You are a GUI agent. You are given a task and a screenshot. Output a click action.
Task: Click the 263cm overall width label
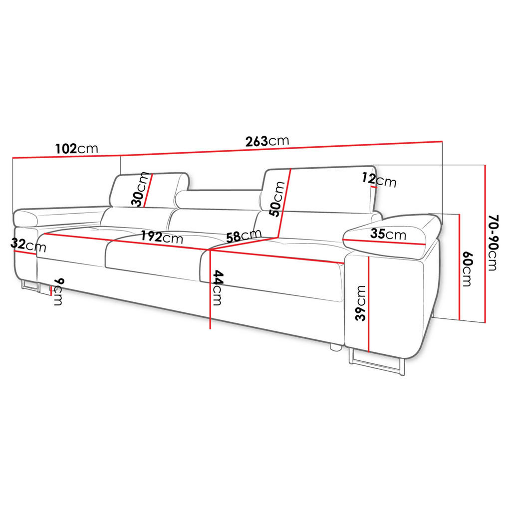[x=267, y=141]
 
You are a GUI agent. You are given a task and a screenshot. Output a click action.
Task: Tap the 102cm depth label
[x=76, y=149]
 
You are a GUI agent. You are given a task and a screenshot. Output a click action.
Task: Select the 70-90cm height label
[x=493, y=243]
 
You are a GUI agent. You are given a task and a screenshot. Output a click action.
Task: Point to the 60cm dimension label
[x=467, y=269]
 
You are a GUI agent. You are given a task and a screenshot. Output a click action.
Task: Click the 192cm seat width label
[x=162, y=237]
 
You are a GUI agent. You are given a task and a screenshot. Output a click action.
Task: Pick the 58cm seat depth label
[x=244, y=236]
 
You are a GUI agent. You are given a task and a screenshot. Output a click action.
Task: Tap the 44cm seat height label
[x=218, y=287]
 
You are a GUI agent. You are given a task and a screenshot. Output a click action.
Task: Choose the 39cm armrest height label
[x=361, y=303]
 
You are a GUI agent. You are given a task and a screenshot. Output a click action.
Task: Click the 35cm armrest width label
[x=388, y=234]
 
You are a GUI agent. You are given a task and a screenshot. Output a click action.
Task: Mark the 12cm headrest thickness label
[x=379, y=180]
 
